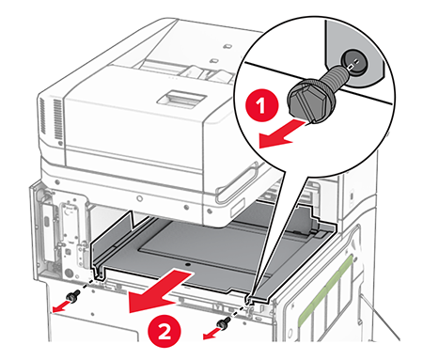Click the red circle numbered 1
[261, 105]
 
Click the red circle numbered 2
[164, 332]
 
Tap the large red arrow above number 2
[160, 292]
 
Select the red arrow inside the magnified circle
[281, 133]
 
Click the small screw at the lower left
[73, 296]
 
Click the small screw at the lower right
[226, 322]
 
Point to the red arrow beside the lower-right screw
[211, 333]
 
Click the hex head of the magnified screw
[303, 99]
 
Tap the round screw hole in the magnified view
[352, 62]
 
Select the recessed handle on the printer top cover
[181, 99]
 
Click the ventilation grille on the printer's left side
[57, 119]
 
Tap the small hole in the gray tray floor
[187, 265]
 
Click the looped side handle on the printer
[238, 182]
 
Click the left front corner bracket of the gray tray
[98, 272]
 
